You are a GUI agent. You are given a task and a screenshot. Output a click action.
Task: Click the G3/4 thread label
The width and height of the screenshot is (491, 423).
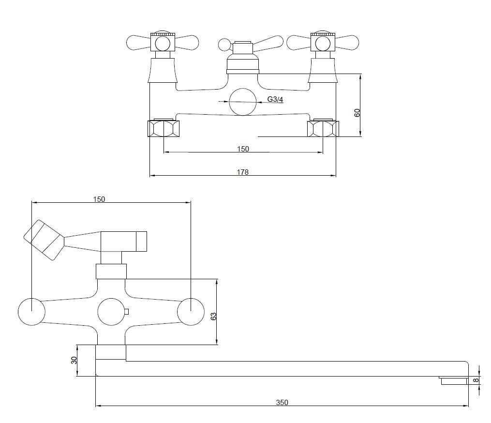click(275, 99)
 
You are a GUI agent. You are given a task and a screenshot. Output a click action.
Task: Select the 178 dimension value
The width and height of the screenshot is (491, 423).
click(243, 172)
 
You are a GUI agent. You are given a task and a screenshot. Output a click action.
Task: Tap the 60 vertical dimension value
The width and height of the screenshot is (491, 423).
click(357, 112)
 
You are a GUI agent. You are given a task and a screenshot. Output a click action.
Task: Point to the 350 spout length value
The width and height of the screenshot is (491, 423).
click(282, 402)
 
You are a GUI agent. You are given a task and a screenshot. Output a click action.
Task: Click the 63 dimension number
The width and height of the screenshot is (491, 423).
click(213, 316)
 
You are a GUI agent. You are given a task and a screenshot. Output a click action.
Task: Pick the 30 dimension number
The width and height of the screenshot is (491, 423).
click(74, 361)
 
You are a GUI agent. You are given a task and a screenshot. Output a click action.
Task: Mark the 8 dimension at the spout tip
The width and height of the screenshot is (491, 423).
click(476, 380)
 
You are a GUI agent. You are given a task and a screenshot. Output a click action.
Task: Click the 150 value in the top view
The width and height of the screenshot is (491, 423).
click(243, 149)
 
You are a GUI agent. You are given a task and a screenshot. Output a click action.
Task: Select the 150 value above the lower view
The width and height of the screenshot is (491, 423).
click(99, 199)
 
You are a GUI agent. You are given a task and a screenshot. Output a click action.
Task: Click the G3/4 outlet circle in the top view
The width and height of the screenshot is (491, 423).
click(243, 102)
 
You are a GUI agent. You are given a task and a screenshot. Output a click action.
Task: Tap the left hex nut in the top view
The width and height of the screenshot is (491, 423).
click(164, 128)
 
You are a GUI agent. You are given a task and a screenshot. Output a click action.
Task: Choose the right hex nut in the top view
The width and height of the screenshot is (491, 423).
click(323, 128)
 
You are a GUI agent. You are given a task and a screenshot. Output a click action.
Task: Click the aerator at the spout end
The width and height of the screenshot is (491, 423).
click(453, 380)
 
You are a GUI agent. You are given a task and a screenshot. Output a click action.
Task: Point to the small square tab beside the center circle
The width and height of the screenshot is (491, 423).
click(127, 312)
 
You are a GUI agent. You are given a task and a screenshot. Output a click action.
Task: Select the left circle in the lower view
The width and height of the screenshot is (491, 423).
click(31, 312)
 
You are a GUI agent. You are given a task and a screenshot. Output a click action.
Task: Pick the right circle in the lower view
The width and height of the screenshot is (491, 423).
click(191, 312)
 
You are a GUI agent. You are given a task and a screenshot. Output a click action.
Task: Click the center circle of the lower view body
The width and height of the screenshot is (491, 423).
click(111, 312)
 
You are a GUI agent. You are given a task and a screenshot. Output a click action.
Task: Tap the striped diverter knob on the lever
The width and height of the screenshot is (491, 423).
click(44, 240)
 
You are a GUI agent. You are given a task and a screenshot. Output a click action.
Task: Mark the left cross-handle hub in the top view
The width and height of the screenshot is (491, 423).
click(163, 43)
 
